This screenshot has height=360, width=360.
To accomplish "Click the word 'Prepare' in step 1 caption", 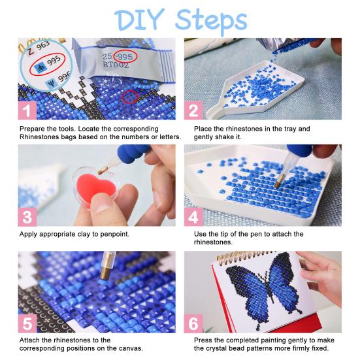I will pos(33,129).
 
